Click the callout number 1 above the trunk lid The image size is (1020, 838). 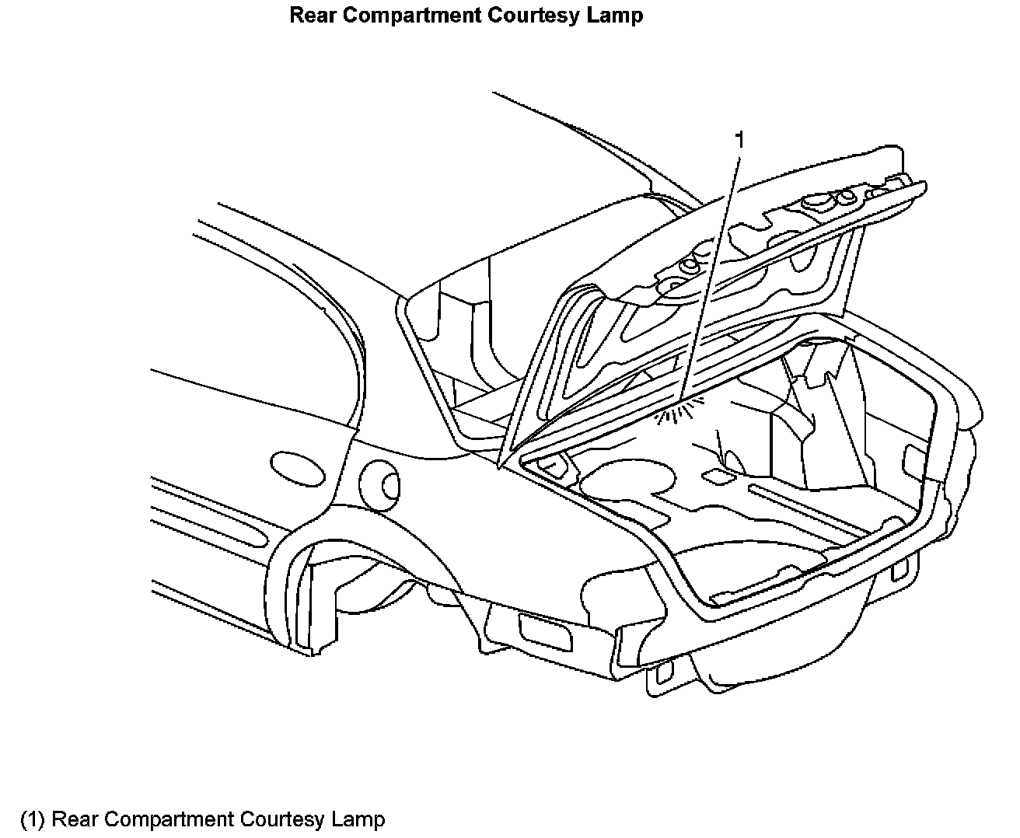[x=740, y=140]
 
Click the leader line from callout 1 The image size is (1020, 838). [x=711, y=272]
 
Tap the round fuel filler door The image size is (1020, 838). [x=382, y=484]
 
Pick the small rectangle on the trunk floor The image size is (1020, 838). [x=713, y=474]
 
